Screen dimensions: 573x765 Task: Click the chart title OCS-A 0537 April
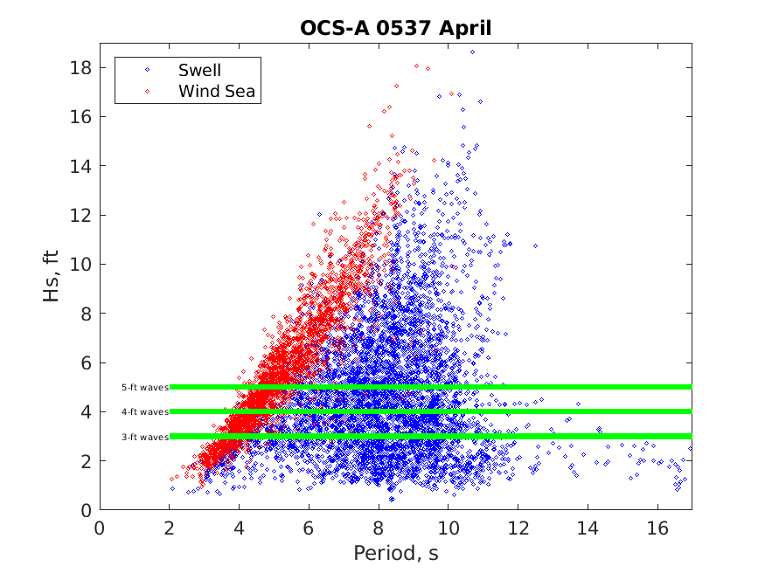tap(396, 28)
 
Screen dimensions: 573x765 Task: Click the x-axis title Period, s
tap(395, 553)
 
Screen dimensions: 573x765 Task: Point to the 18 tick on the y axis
tap(83, 67)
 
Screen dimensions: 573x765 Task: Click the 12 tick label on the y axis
tap(83, 215)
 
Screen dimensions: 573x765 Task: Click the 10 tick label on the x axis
tap(448, 528)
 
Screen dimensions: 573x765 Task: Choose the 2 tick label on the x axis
tap(170, 528)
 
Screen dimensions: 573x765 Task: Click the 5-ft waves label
tap(144, 387)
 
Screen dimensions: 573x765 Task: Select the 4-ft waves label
tap(144, 411)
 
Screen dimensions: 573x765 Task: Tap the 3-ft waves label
tap(144, 436)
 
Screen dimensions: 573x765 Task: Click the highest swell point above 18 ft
tap(472, 52)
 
